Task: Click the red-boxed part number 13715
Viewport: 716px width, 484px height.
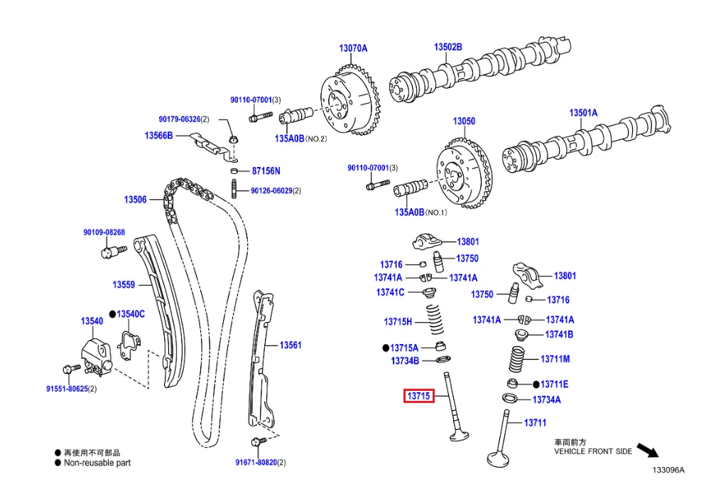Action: (418, 396)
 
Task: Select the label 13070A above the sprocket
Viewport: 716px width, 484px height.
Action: (353, 48)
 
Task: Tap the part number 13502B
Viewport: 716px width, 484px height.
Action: (448, 47)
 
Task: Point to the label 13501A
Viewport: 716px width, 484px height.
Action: (583, 113)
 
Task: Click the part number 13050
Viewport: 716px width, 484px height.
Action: (464, 122)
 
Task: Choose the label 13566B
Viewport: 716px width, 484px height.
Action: (158, 135)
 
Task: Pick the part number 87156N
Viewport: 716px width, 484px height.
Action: (266, 171)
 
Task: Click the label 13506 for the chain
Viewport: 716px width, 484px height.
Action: (135, 200)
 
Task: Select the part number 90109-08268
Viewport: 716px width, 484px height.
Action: (104, 232)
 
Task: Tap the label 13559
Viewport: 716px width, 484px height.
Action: (124, 285)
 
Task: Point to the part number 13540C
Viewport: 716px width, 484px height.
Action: (131, 313)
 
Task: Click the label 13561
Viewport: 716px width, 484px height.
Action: (291, 345)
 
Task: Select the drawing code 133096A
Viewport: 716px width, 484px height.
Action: (669, 470)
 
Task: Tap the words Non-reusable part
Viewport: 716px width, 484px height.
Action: (97, 463)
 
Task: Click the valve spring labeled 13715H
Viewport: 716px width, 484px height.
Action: (436, 321)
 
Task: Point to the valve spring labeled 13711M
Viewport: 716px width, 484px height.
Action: (518, 359)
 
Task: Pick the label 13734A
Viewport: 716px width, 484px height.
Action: (546, 399)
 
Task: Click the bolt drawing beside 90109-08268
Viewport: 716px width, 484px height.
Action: (114, 250)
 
